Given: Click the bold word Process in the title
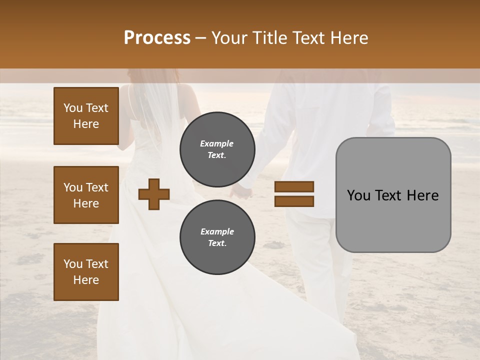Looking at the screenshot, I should point(157,38).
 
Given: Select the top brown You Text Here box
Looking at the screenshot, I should point(86,116).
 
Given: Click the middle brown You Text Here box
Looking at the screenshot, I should point(86,195).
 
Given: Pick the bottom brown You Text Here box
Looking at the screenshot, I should point(86,272).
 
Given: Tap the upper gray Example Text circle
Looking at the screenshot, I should point(217,149).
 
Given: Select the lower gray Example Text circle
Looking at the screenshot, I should point(217,237).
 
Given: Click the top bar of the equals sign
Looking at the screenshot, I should point(294,186).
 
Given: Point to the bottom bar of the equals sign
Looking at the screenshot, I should point(294,201).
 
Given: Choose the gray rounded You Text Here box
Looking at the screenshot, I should point(393,195).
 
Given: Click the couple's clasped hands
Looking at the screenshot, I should point(243,190).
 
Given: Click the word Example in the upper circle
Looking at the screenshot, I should point(216,143).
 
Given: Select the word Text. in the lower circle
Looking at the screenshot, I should point(217,243).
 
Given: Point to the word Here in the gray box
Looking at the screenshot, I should point(422,195).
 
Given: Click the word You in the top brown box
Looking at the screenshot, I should point(72,108).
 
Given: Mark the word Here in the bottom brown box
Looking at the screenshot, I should point(86,280).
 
